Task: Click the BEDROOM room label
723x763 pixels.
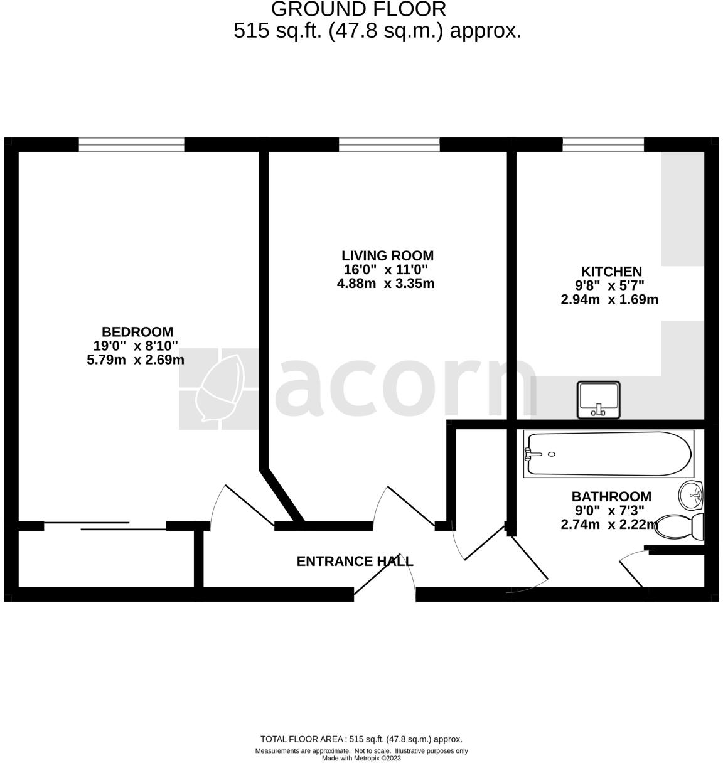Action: [137, 332]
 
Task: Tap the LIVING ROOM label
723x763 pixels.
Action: [387, 256]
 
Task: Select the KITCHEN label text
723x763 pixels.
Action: [611, 272]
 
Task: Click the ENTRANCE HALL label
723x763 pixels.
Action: [355, 562]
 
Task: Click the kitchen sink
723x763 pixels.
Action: [599, 400]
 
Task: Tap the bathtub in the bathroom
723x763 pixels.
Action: [608, 454]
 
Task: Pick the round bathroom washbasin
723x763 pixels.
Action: [692, 495]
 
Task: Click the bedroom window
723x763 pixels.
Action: [132, 145]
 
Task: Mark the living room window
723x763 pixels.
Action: [389, 145]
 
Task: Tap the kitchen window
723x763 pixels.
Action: [603, 145]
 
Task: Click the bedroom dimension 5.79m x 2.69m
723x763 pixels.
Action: [136, 360]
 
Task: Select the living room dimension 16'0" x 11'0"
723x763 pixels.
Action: [386, 270]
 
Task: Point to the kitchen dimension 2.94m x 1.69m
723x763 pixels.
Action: [609, 300]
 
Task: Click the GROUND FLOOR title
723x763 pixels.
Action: [358, 9]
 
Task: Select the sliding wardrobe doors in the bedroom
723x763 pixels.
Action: [105, 526]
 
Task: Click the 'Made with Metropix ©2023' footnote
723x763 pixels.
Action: [361, 758]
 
